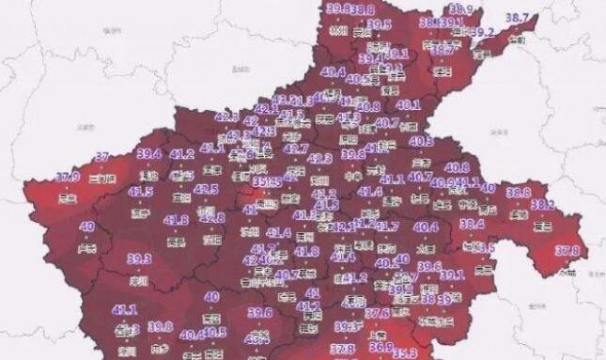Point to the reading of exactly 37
click(x=103, y=157)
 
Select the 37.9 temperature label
click(x=67, y=177)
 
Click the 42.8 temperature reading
click(x=212, y=218)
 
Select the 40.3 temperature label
click(x=422, y=141)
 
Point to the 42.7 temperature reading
click(x=296, y=149)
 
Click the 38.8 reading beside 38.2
click(x=519, y=192)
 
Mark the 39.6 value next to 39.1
click(x=428, y=267)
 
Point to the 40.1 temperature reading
click(x=409, y=105)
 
